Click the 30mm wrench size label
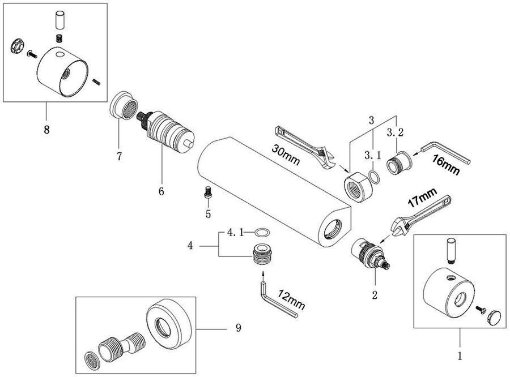pyautogui.click(x=285, y=155)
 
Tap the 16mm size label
pyautogui.click(x=445, y=165)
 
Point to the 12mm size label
pyautogui.click(x=291, y=299)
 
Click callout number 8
pyautogui.click(x=46, y=130)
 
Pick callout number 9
pyautogui.click(x=239, y=328)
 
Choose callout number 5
pyautogui.click(x=208, y=214)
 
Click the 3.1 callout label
pyautogui.click(x=372, y=155)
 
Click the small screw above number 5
pyautogui.click(x=207, y=191)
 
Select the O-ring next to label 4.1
pyautogui.click(x=262, y=233)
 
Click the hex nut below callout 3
pyautogui.click(x=356, y=187)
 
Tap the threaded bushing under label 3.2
pyautogui.click(x=399, y=162)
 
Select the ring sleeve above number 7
pyautogui.click(x=124, y=105)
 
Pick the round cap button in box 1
pyautogui.click(x=494, y=317)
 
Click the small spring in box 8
pyautogui.click(x=59, y=38)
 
